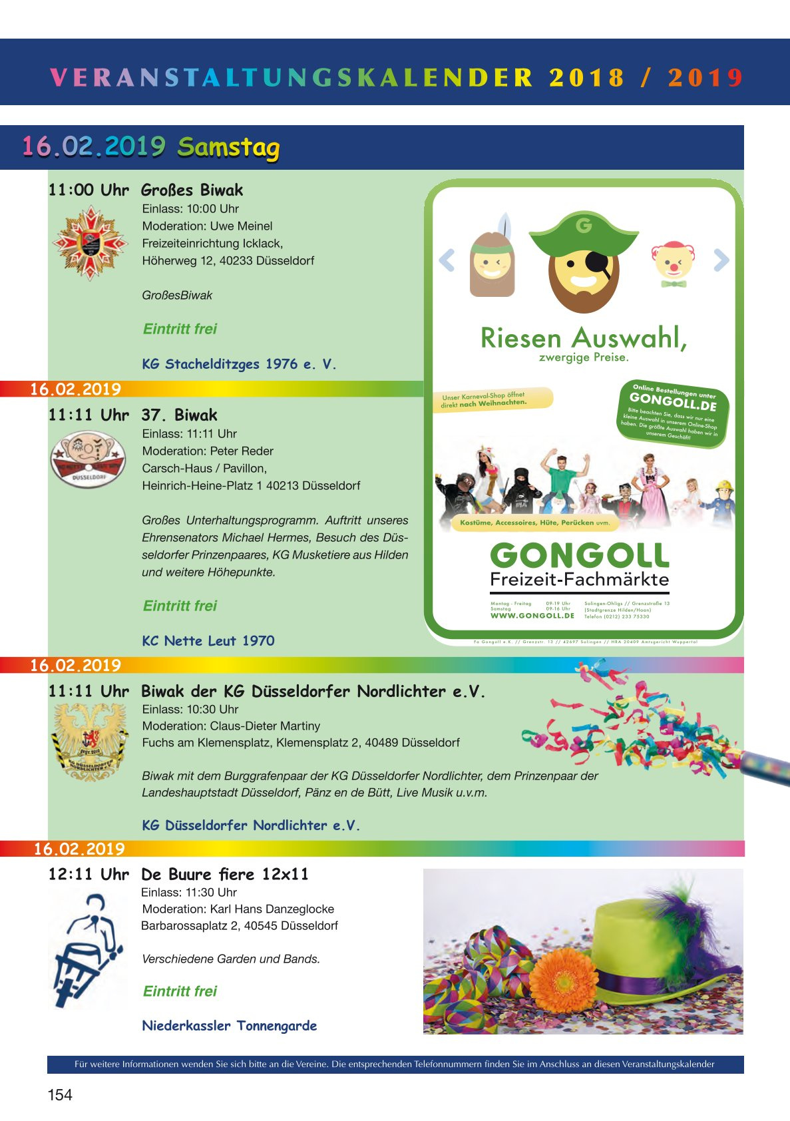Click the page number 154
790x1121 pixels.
coord(60,1095)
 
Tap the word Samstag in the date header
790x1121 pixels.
coord(228,147)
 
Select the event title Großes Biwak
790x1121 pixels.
coord(192,190)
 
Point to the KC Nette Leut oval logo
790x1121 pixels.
coord(88,458)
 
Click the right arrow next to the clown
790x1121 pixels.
coord(721,260)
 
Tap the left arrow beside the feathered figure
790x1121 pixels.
coord(447,260)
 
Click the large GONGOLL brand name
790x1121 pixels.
coord(579,556)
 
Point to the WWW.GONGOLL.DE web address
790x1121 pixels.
coord(532,616)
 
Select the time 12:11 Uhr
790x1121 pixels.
coord(89,875)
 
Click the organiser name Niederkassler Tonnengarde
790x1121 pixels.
coord(230,1026)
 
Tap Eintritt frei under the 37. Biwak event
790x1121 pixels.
coord(180,606)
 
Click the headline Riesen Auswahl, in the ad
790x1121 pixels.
coord(583,338)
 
